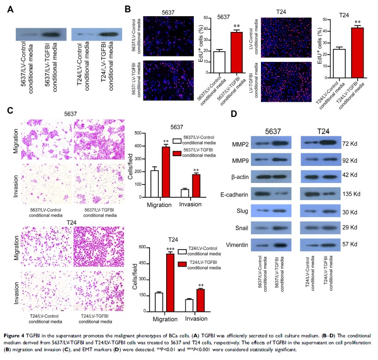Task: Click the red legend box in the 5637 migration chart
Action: tap(176, 152)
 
